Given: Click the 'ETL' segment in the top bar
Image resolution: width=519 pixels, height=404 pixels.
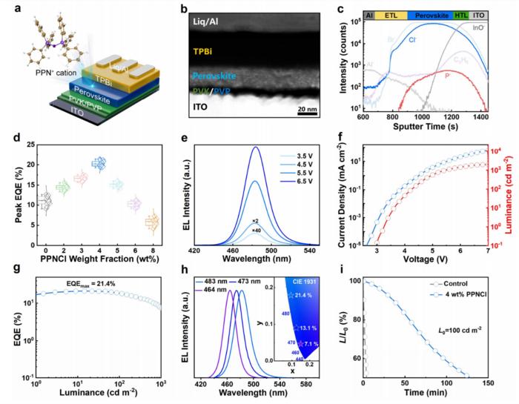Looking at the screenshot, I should [x=391, y=14].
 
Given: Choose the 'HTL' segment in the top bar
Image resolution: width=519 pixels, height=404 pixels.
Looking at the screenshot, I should [x=460, y=14].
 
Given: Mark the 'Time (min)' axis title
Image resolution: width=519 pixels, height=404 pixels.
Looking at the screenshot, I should [x=418, y=394].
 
